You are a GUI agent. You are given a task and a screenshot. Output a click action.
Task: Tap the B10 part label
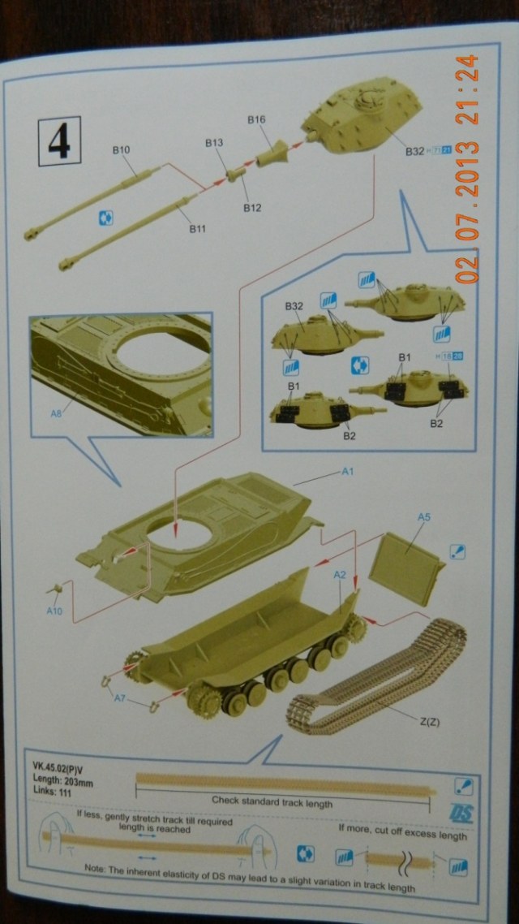coord(122,149)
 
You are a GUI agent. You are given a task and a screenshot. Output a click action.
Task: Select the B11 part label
coord(197,229)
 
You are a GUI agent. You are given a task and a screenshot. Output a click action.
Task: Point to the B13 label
coord(213,144)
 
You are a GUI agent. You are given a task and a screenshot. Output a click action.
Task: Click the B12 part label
coord(251,208)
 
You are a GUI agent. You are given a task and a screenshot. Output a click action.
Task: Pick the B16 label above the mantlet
coord(256,120)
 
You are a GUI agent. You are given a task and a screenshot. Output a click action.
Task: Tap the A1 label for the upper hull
coord(350,471)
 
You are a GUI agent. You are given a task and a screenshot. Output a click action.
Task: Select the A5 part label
coord(422,516)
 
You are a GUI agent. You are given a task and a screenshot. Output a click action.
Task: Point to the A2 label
coord(341,574)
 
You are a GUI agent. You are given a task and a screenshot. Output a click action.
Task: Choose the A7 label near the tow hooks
coord(120,697)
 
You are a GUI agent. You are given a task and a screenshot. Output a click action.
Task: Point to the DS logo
coord(461,813)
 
